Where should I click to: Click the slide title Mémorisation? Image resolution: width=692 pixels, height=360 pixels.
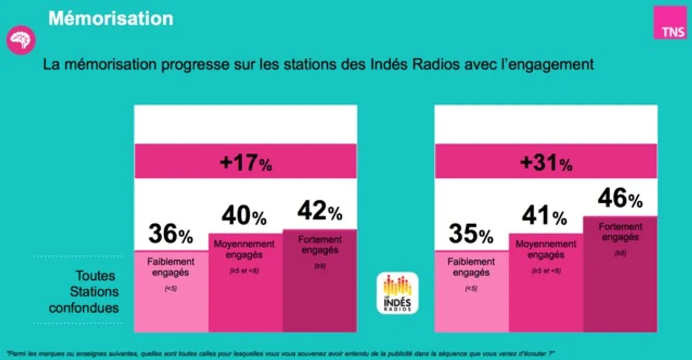coord(110,18)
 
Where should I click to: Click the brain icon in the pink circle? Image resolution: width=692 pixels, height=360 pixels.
coord(21,40)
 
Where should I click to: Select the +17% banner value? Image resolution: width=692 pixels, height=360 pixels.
coord(245,164)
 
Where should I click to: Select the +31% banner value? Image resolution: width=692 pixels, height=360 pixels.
coord(545,164)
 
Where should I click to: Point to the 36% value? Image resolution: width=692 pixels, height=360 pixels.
coord(170,235)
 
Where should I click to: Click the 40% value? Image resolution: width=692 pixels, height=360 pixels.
coord(244,217)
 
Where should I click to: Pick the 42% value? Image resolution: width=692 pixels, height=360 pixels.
coord(320,211)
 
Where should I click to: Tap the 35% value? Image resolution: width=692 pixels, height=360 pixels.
coord(471,235)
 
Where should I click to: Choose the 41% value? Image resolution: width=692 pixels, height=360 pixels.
coord(544,217)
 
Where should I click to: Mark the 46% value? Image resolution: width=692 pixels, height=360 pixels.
coord(620,199)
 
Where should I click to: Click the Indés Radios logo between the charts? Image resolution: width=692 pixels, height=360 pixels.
coord(397,293)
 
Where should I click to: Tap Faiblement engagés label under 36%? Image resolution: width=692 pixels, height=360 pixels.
coord(170,267)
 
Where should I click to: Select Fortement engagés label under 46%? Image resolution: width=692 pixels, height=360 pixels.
coord(620,232)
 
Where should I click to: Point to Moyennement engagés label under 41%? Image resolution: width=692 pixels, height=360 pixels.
coord(544,249)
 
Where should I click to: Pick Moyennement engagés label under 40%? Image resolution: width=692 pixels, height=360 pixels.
coord(244,249)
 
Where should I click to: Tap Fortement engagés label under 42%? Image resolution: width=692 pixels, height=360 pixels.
coord(320,244)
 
